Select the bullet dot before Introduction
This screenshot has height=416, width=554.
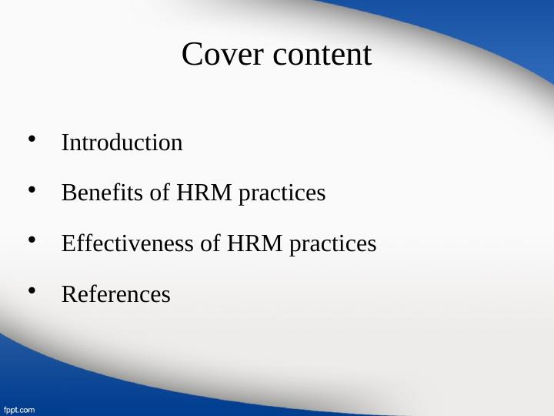coord(32,139)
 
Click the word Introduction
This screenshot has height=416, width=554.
coord(122,143)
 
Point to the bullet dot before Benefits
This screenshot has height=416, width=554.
coord(32,190)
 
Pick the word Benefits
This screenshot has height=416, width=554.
coord(102,193)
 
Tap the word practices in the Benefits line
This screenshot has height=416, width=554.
coord(282,194)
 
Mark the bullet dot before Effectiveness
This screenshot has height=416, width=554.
coord(32,240)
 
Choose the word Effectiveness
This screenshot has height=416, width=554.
coord(128,243)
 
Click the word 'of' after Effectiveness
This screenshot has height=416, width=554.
coord(211,243)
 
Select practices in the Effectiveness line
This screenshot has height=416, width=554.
coord(333,245)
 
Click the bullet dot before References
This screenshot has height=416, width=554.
coord(32,290)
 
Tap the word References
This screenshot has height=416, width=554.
coord(115,294)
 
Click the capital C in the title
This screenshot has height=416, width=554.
coord(192,55)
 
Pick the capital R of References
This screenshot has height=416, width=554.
coord(68,294)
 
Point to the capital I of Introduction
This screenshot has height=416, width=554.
coord(65,143)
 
